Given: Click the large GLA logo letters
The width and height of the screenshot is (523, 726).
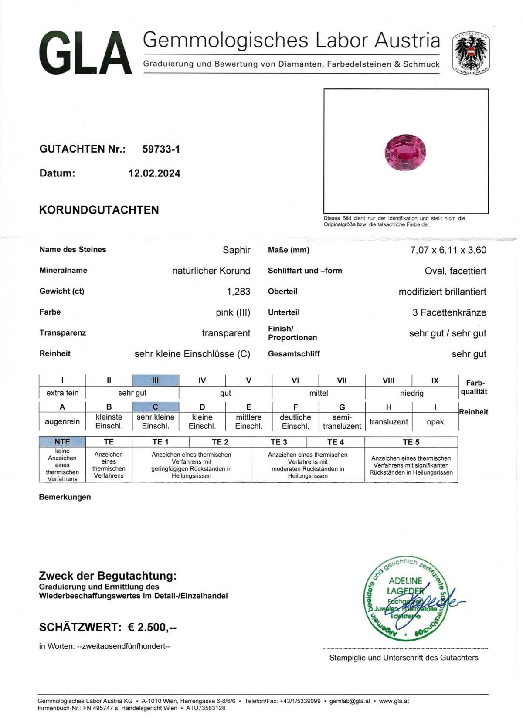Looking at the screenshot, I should pyautogui.click(x=85, y=54).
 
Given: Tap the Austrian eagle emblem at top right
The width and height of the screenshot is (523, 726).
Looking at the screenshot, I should pyautogui.click(x=471, y=53).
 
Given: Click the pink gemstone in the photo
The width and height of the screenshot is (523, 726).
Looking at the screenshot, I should pyautogui.click(x=405, y=152).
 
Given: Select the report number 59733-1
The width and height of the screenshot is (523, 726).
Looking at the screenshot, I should pyautogui.click(x=161, y=149).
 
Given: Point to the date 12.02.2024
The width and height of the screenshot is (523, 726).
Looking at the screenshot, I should pyautogui.click(x=154, y=173).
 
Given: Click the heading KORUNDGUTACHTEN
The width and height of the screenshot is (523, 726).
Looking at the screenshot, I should pyautogui.click(x=99, y=210).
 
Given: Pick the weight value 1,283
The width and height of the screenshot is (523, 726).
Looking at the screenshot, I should pyautogui.click(x=238, y=292).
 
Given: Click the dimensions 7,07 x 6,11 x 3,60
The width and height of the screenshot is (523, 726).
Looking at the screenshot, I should pyautogui.click(x=448, y=250).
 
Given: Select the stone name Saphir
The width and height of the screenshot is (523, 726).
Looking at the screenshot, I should pyautogui.click(x=236, y=250).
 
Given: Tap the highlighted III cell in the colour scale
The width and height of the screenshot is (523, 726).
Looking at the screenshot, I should pyautogui.click(x=155, y=380).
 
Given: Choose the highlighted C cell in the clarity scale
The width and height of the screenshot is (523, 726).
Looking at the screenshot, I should pyautogui.click(x=155, y=407).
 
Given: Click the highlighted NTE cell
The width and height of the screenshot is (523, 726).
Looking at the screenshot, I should pyautogui.click(x=62, y=442).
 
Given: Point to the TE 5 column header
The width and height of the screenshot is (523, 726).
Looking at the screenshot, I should pyautogui.click(x=411, y=442).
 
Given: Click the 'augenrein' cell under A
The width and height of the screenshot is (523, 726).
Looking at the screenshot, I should pyautogui.click(x=62, y=422).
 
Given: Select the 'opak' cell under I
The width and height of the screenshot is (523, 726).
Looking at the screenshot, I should pyautogui.click(x=435, y=422).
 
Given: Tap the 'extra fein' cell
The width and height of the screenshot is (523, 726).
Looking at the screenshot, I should pyautogui.click(x=62, y=393).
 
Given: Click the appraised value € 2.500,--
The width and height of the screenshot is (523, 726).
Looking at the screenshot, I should pyautogui.click(x=152, y=628).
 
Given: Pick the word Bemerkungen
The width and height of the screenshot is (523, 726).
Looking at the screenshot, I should pyautogui.click(x=65, y=497).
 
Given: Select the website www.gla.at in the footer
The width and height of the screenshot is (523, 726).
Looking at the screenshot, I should pyautogui.click(x=394, y=701).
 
